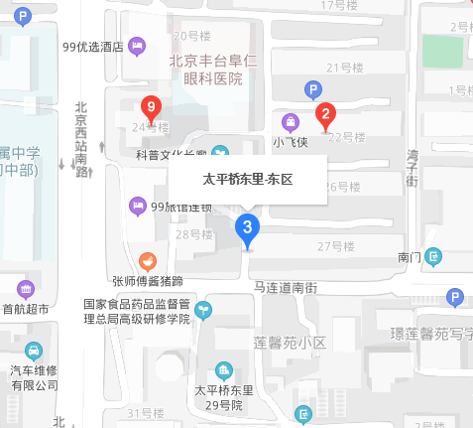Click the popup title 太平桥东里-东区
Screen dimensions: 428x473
pos(249,180)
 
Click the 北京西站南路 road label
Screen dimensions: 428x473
pos(82,138)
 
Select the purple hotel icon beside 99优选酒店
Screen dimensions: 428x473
pos(137,45)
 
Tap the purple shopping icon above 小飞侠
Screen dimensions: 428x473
pos(291,123)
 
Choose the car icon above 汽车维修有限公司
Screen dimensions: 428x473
pos(34,352)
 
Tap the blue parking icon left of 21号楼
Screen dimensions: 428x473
pos(312,90)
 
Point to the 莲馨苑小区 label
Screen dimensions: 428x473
pos(290,342)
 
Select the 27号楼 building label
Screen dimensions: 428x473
pos(336,245)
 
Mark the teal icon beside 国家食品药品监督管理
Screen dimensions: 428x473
pos(203,311)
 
